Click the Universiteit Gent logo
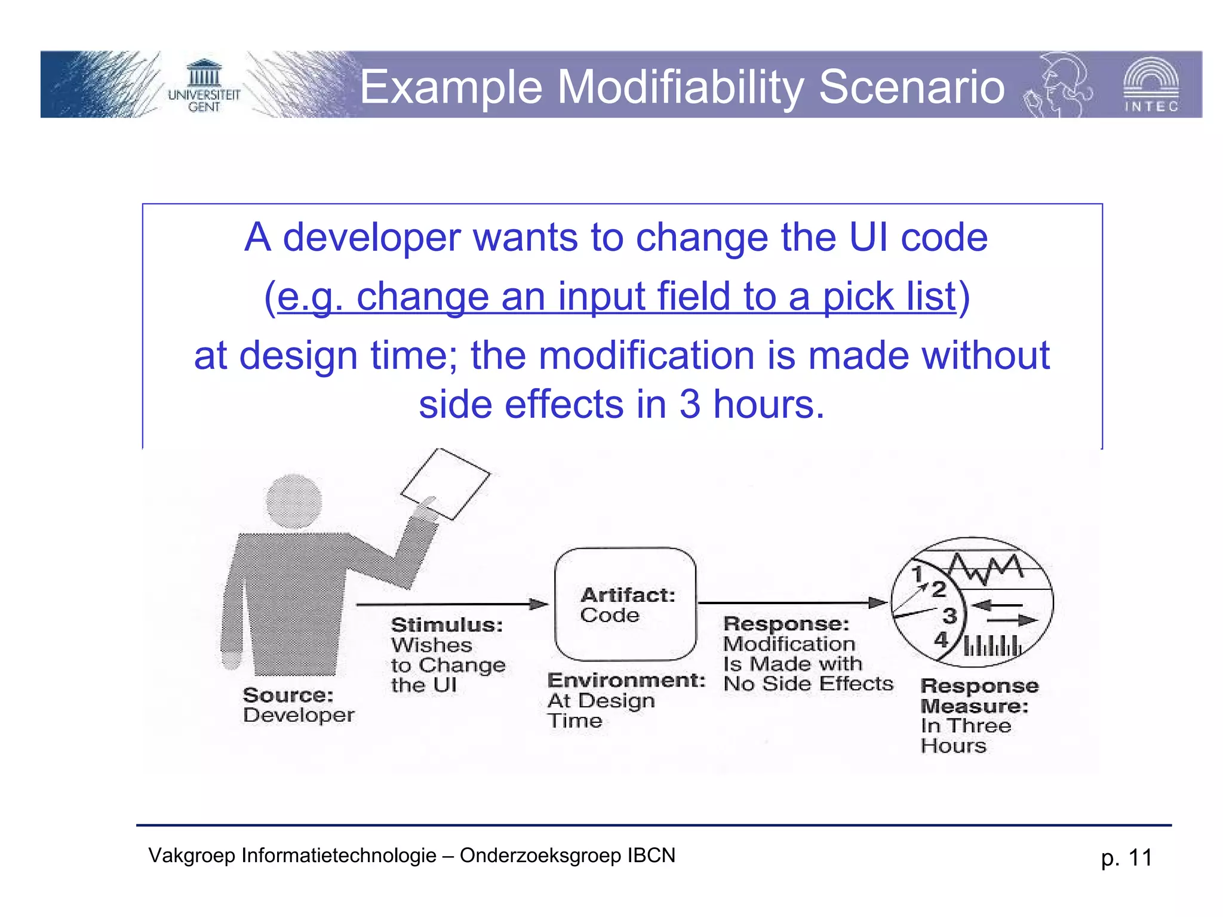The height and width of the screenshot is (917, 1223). click(204, 86)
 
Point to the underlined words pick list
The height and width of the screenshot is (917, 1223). click(889, 297)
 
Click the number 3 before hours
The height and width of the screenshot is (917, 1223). click(690, 404)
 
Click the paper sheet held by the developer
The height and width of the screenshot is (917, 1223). click(445, 484)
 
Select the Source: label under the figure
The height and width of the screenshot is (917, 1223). click(288, 695)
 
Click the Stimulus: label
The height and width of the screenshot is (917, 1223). click(447, 625)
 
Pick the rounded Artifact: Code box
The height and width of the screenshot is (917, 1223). click(625, 604)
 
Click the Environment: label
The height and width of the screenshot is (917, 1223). click(626, 680)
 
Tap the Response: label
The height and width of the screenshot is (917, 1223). click(785, 624)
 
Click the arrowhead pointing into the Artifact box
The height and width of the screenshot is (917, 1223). click(539, 604)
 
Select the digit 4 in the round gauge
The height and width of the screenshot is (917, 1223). click(941, 639)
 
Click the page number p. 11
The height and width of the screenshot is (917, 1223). click(1126, 857)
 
